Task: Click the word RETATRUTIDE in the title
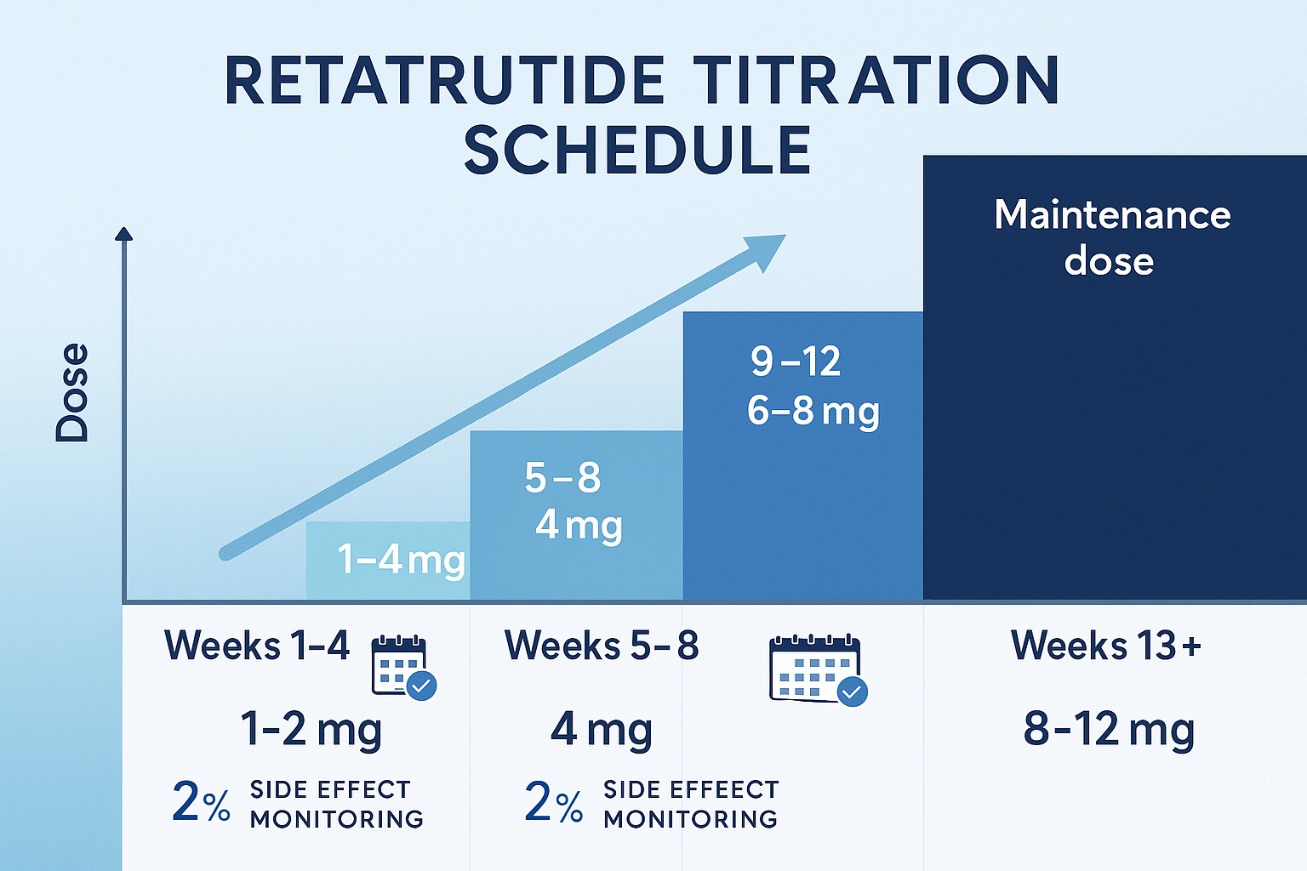point(444,82)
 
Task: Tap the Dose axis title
point(72,392)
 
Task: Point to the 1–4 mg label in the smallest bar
point(401,560)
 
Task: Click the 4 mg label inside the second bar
point(579,525)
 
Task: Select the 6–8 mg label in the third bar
point(813,411)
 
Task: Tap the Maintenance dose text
point(1111,237)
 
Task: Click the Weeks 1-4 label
point(257,646)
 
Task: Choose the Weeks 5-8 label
point(602,646)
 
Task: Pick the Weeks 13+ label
point(1106,646)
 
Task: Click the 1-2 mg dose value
point(311,730)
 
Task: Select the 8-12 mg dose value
point(1109,730)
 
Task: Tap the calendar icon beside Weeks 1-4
point(402,667)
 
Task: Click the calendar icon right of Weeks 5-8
point(817,669)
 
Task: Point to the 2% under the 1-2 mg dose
point(201,802)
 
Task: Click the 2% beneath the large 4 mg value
point(553,802)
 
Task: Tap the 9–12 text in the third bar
point(796,361)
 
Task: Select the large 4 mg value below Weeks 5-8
point(602,730)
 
